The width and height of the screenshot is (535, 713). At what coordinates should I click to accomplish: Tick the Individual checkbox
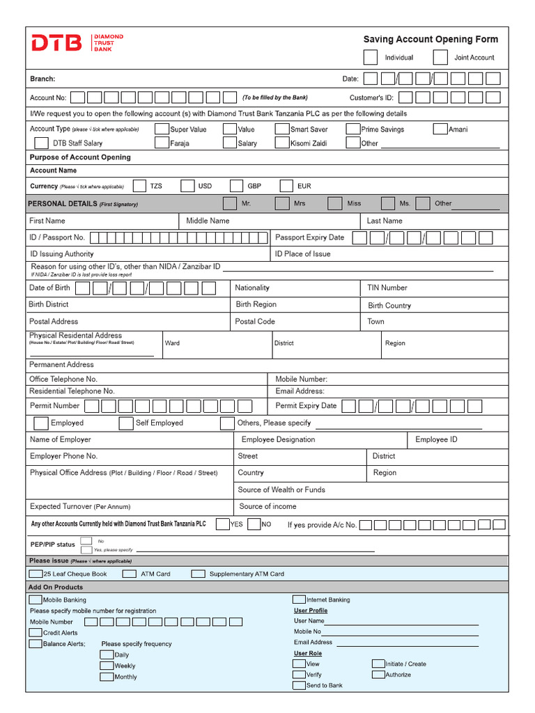tap(371, 57)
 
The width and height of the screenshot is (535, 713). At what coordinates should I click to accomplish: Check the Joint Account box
tap(440, 57)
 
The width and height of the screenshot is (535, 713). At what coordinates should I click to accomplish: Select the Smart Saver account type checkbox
tap(281, 129)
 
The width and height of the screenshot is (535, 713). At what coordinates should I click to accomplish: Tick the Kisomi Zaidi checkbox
tap(281, 143)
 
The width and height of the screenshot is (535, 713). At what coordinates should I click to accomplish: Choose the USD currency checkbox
tap(187, 186)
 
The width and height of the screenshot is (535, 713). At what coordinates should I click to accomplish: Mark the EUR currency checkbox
tap(286, 186)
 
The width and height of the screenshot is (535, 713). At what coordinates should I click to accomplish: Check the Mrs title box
tap(282, 203)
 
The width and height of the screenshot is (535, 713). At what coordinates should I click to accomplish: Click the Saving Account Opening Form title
tap(431, 40)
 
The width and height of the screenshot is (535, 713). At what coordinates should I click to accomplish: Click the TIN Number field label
tap(387, 288)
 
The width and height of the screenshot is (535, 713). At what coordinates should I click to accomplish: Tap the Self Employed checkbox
tap(126, 423)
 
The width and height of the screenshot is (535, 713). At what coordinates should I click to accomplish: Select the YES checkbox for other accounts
tap(223, 524)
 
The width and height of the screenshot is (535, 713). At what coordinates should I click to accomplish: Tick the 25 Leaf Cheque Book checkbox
tap(36, 574)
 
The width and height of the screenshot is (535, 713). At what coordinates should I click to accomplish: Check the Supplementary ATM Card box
tap(199, 574)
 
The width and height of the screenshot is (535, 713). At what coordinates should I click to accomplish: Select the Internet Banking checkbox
tap(299, 600)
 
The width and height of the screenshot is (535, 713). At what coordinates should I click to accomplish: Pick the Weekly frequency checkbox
tap(107, 666)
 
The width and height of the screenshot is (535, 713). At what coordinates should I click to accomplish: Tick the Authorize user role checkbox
tap(378, 674)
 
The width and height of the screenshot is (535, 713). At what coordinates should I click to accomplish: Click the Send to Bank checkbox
tap(299, 685)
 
